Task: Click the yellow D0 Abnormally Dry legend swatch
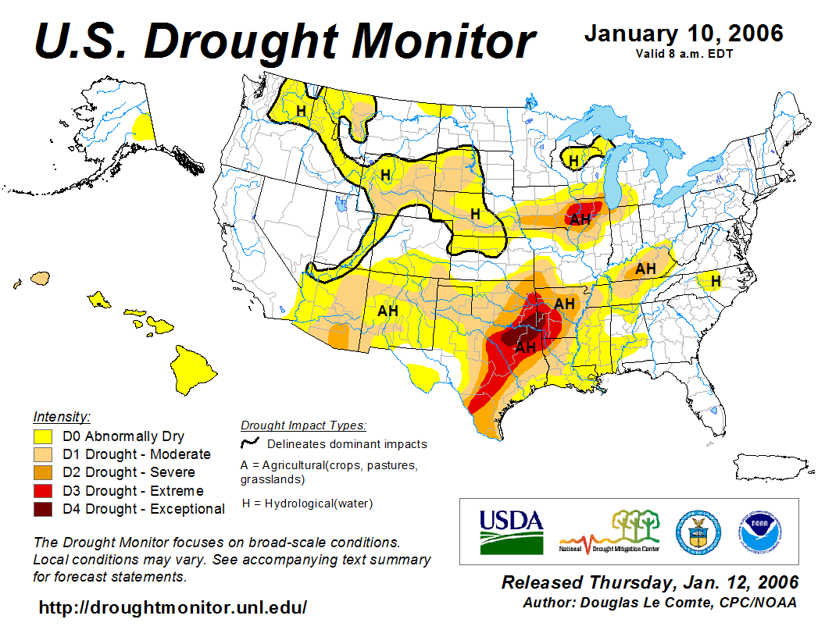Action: pos(43,436)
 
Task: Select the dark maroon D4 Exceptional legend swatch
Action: pos(43,509)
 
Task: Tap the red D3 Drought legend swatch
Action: pos(43,491)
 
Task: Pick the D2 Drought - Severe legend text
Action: pos(129,472)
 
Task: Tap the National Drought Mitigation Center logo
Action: pos(609,531)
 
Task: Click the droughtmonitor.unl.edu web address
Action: pos(173,607)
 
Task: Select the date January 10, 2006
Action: pos(684,34)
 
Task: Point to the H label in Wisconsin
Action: pos(573,161)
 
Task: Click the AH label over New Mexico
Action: pos(388,311)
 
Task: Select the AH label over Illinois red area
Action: pos(580,219)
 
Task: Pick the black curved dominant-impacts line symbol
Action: pos(250,443)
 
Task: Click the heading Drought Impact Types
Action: pos(303,425)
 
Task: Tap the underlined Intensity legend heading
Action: pos(62,416)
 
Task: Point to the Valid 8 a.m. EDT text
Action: pos(684,54)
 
